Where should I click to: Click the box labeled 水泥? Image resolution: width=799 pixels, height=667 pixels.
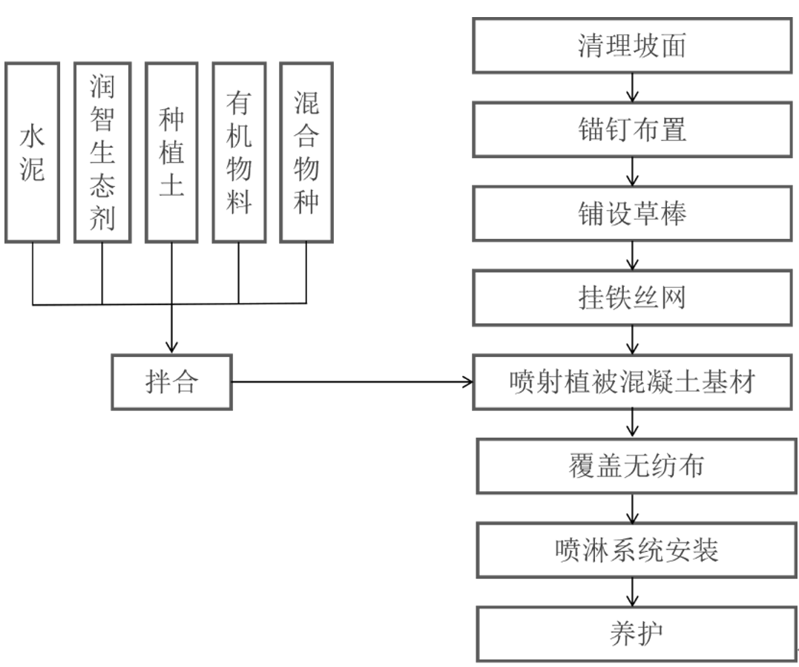(x=33, y=152)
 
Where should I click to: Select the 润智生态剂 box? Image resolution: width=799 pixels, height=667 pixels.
(x=102, y=152)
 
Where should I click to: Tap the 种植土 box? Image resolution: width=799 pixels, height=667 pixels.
(x=172, y=152)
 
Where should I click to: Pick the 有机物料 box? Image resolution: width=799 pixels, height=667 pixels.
(x=239, y=152)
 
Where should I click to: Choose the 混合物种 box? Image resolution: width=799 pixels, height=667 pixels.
(x=306, y=152)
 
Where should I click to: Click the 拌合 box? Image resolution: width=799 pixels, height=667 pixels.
(x=171, y=383)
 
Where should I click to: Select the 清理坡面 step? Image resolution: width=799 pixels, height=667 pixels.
(x=632, y=47)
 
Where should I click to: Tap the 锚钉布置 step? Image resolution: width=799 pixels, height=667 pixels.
(x=632, y=130)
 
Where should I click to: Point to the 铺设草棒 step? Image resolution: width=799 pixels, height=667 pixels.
(x=632, y=214)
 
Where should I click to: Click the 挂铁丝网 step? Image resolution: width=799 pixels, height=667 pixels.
(x=632, y=298)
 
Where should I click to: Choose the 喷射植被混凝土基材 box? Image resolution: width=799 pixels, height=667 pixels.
(x=632, y=383)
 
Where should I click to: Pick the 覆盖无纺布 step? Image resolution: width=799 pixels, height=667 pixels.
(x=632, y=467)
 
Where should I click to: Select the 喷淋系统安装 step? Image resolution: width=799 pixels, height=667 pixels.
(x=632, y=551)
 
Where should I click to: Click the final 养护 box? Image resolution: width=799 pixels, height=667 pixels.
(x=632, y=634)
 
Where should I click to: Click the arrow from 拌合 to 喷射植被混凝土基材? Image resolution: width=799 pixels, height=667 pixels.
(x=352, y=383)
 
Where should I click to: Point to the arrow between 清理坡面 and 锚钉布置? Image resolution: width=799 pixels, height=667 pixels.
(x=632, y=88)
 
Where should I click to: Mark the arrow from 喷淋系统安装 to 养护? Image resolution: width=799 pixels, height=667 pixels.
(x=632, y=591)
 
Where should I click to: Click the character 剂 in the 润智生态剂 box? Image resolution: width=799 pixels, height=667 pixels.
(x=102, y=216)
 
